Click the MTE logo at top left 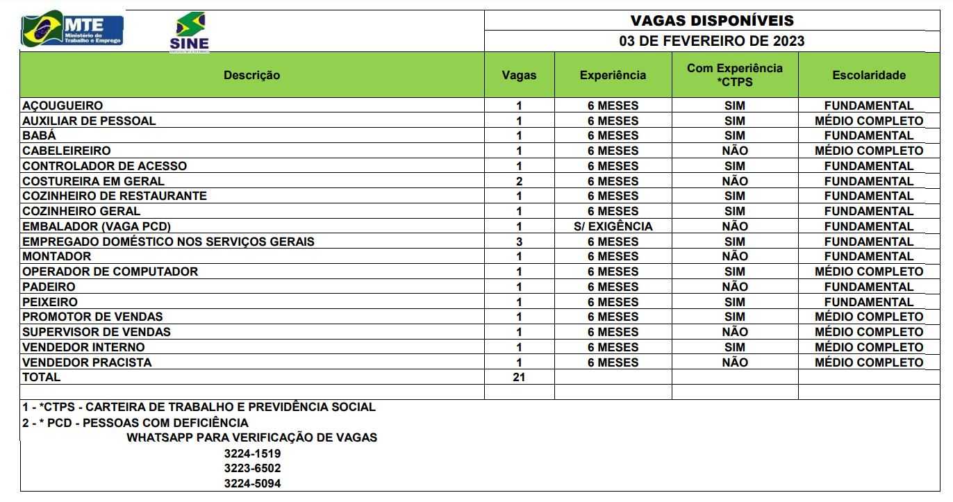[72, 30]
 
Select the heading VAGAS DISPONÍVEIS [711, 21]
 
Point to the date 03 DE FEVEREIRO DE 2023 [711, 41]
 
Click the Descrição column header [251, 75]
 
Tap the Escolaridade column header [868, 75]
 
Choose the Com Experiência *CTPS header [734, 75]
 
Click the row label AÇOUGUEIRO [63, 106]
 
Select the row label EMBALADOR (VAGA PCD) [97, 226]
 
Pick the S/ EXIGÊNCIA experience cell [613, 226]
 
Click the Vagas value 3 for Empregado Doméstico [519, 242]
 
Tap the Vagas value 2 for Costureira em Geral [519, 181]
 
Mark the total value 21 [519, 378]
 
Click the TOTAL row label [42, 378]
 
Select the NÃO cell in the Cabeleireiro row [734, 151]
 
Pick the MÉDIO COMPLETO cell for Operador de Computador [868, 271]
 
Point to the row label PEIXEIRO [50, 302]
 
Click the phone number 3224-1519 [252, 453]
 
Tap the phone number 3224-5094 [252, 483]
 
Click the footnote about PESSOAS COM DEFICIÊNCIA [135, 422]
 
